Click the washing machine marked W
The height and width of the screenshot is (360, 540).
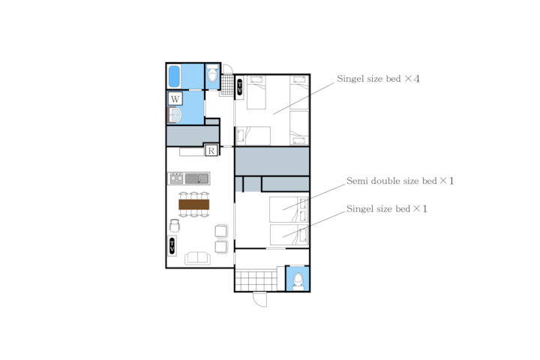(x=175, y=99)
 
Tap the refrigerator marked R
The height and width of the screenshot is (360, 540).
(x=211, y=150)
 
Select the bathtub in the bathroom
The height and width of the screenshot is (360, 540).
(x=174, y=76)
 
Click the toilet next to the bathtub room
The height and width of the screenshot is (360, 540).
(x=212, y=73)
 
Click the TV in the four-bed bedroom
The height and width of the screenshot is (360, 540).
(x=240, y=87)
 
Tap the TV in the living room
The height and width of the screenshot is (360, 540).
(x=172, y=246)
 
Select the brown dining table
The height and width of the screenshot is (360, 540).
(x=194, y=205)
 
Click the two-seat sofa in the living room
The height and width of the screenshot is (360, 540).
(x=198, y=258)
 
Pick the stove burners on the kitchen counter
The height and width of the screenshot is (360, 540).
(x=176, y=178)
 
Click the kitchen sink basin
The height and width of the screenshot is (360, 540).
(x=196, y=178)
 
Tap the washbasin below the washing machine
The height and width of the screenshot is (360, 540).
(x=175, y=115)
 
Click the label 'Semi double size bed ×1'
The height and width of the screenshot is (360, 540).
(x=400, y=181)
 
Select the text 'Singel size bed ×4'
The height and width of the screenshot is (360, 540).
(x=378, y=79)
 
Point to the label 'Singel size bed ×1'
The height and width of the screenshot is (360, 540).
(x=387, y=208)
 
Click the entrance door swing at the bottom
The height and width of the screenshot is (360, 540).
(x=260, y=299)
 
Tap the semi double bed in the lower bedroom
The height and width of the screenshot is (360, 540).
(x=289, y=209)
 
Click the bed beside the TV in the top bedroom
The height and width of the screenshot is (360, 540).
(x=256, y=92)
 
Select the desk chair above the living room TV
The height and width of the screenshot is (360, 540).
(x=175, y=226)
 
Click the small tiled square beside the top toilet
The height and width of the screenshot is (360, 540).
(x=226, y=85)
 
